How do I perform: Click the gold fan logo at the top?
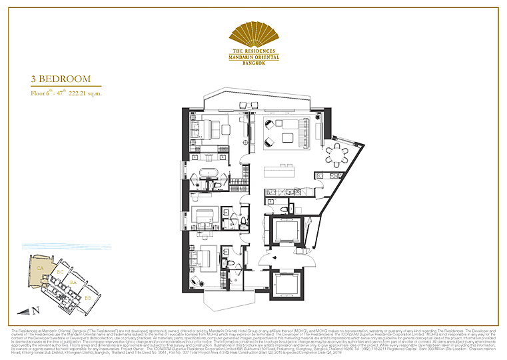tap(253, 34)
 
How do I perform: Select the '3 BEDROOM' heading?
tap(60, 79)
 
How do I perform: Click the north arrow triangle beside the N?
tap(26, 310)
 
